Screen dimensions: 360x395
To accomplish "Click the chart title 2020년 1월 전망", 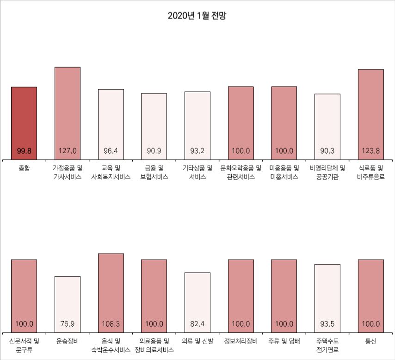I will [x=197, y=16].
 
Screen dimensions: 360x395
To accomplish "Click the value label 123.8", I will [x=371, y=150].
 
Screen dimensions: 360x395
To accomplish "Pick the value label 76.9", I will [x=68, y=323].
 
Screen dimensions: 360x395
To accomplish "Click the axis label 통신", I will [x=371, y=342].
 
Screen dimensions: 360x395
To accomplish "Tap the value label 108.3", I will [x=111, y=323].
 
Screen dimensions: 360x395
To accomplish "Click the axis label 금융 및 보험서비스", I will [x=154, y=173].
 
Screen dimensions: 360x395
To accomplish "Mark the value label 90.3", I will [x=327, y=150].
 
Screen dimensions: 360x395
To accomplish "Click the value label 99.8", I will [x=24, y=150].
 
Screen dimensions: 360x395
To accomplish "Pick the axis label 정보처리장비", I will [x=241, y=342].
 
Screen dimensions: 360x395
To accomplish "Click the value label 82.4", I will [x=197, y=323].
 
